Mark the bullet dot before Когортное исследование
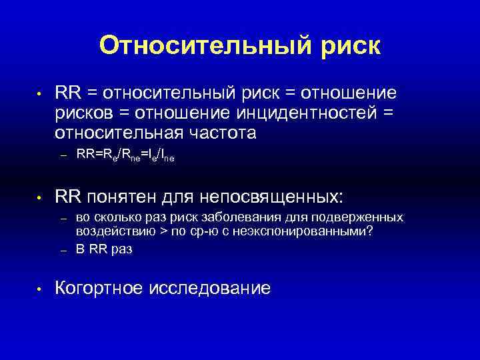point(40,289)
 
